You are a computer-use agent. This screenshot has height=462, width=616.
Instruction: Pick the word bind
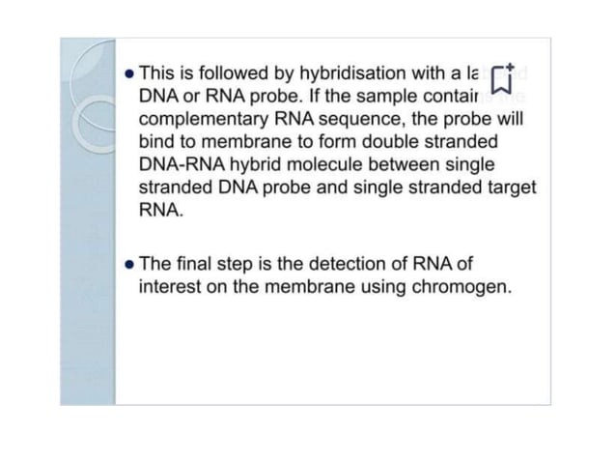click(157, 142)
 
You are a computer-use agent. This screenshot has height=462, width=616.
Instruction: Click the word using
click(379, 287)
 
